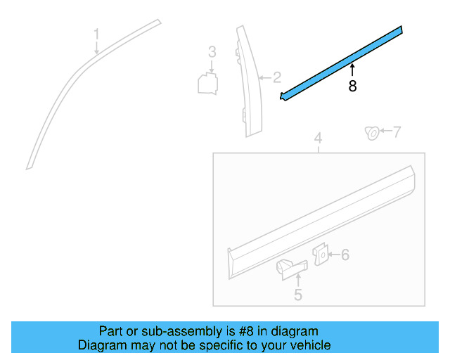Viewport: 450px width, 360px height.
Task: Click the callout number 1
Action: [97, 34]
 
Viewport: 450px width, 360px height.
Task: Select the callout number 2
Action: [277, 77]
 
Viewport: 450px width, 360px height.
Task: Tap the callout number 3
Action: [211, 52]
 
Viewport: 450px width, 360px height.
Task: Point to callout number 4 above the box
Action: [318, 139]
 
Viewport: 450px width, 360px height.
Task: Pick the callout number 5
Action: [297, 295]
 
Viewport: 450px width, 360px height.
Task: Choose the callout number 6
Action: [345, 255]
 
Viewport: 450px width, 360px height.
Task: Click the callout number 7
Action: [397, 131]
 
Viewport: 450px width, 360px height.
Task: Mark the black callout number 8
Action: [352, 86]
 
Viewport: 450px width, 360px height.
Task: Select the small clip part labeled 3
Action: [208, 83]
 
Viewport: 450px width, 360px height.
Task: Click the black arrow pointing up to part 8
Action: [352, 69]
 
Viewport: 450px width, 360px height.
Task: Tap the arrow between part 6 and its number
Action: [333, 255]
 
